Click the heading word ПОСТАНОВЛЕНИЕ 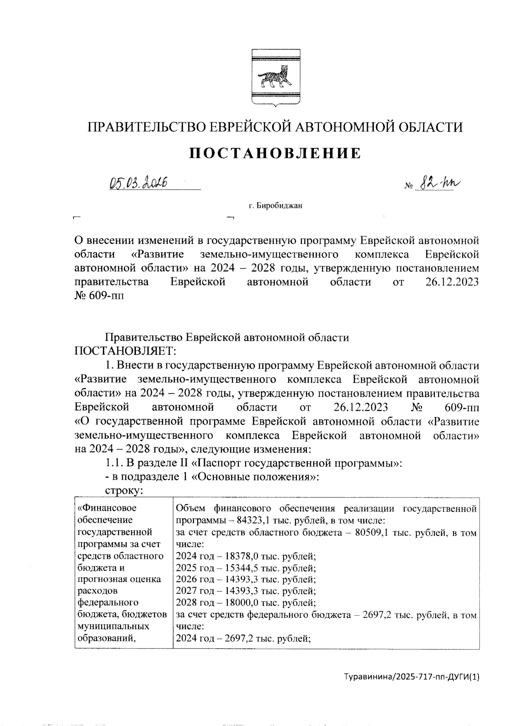275,153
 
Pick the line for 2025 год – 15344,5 246,568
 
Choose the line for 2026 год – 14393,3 246,579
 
